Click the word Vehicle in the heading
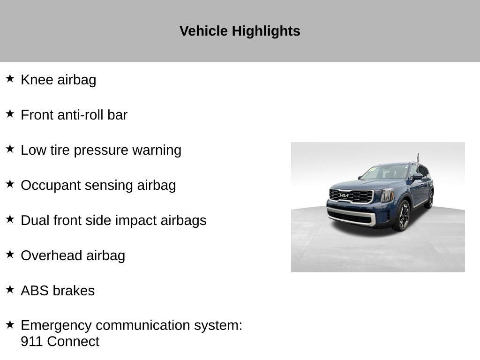203,31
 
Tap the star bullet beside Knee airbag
10,78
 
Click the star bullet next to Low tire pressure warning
10,149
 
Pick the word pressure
101,151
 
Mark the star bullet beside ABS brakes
10,289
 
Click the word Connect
73,341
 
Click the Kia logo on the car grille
344,195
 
